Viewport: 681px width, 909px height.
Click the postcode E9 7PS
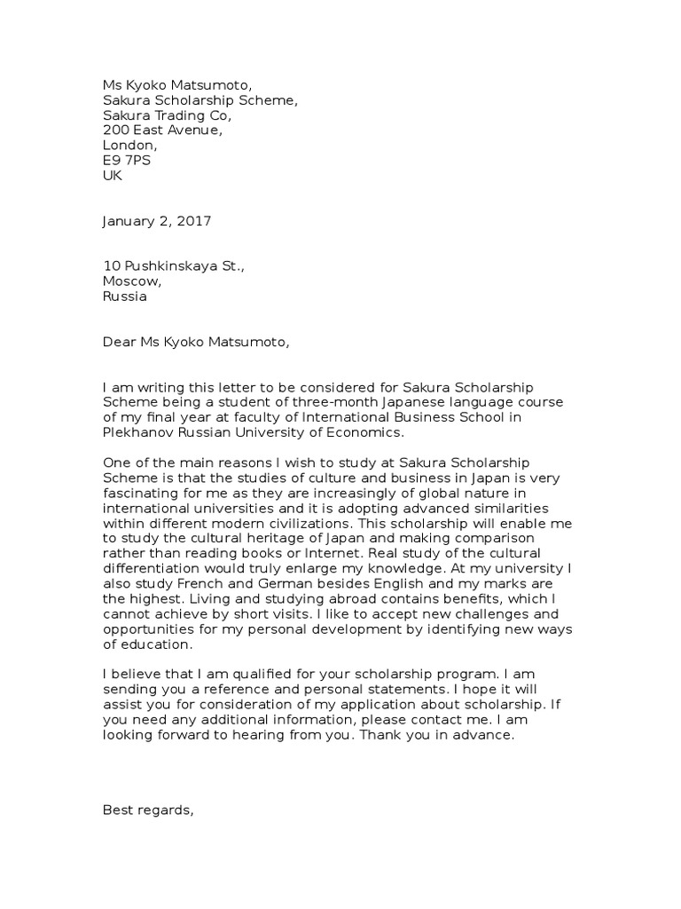[127, 161]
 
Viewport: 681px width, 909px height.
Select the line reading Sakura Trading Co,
[168, 115]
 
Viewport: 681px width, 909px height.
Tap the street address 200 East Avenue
[162, 130]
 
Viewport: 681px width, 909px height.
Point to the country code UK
[113, 176]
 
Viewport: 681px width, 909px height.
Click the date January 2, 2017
[157, 221]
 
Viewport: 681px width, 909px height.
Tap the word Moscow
[132, 282]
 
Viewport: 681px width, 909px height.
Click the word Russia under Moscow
[125, 297]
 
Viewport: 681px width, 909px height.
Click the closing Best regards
[148, 809]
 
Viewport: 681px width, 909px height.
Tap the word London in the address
[129, 146]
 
